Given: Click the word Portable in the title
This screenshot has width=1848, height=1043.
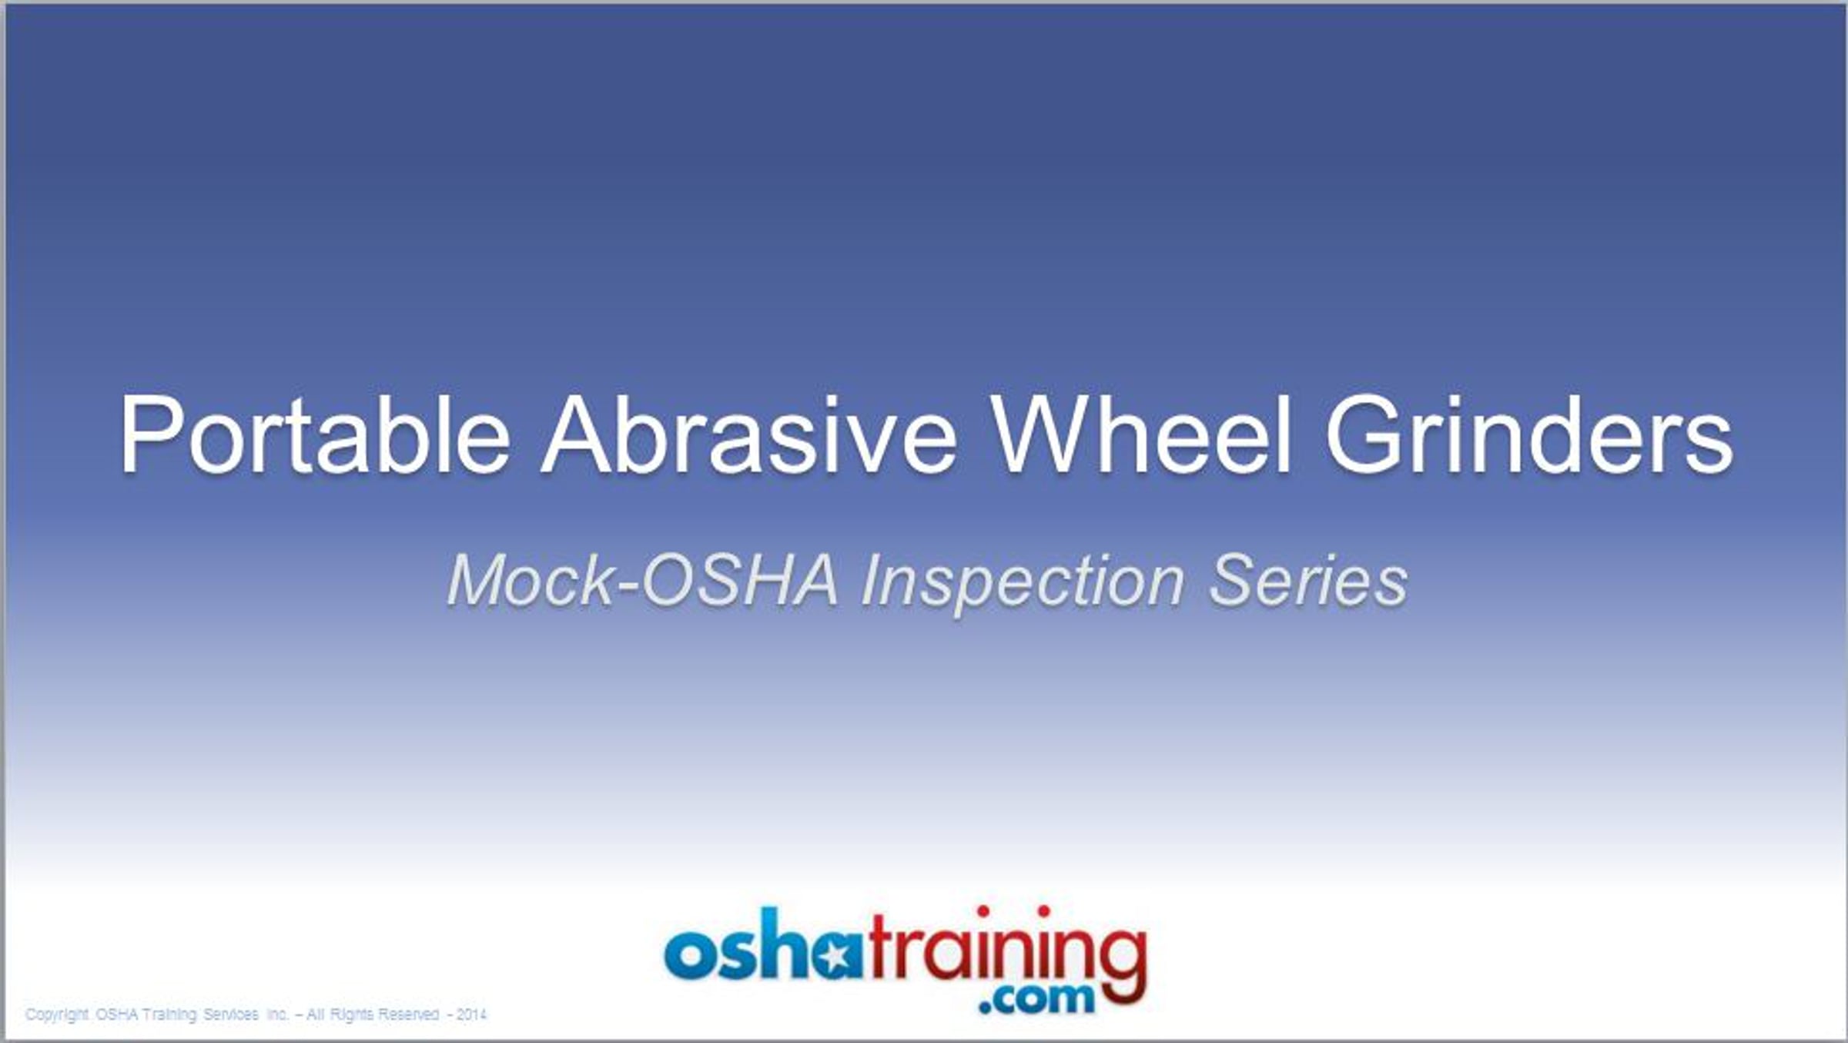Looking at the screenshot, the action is pos(315,434).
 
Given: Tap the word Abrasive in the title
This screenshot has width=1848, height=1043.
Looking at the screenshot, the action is pos(748,434).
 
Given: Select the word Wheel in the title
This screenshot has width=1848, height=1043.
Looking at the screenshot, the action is pos(1142,434).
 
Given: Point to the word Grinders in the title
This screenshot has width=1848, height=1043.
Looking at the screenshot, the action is pos(1528,434).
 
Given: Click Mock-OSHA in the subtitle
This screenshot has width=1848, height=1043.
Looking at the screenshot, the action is pos(642,581).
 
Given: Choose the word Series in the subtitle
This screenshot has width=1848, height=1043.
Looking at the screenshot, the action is pos(1308,581).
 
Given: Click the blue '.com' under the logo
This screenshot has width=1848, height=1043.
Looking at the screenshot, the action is pos(1036,997).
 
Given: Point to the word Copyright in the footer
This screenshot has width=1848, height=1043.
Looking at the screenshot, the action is pos(57,1014).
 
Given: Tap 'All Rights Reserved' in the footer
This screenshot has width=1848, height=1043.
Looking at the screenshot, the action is pos(373,1014).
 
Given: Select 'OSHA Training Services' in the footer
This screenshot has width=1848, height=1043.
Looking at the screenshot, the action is pos(177,1014).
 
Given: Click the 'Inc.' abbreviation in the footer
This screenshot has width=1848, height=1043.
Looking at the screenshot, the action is pos(277,1014).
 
